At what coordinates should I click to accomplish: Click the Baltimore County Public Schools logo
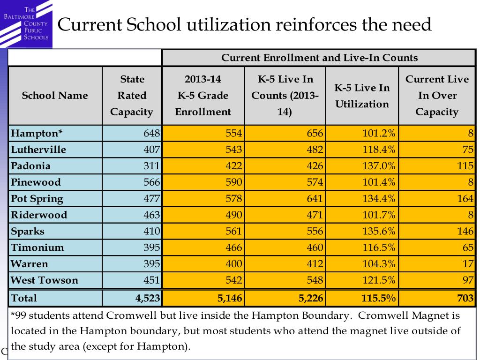(x=26, y=23)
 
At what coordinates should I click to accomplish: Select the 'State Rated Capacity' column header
(x=132, y=96)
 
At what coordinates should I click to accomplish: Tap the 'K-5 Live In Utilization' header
(x=362, y=96)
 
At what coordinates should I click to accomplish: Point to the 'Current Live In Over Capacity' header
(x=437, y=96)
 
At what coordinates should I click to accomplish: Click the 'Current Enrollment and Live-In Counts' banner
(x=319, y=58)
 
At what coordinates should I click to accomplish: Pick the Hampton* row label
(x=37, y=134)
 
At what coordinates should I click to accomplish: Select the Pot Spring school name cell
(x=37, y=199)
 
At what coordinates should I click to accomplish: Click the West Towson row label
(x=45, y=280)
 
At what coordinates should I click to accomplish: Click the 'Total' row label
(x=24, y=298)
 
